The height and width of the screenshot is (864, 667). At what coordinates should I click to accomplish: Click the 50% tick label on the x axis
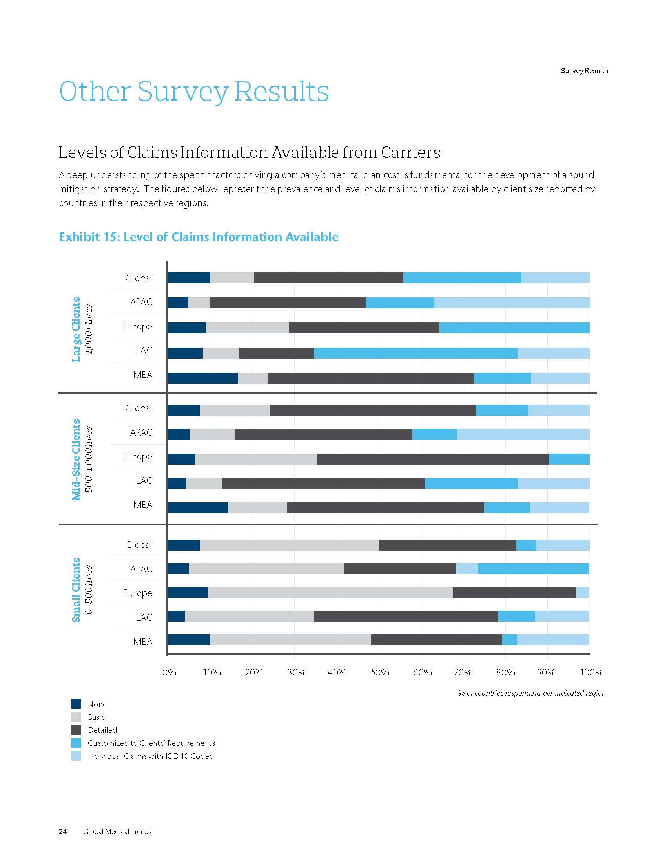(x=379, y=672)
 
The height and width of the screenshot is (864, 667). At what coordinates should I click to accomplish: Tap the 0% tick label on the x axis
(x=169, y=672)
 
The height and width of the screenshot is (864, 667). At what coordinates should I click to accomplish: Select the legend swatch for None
(x=76, y=704)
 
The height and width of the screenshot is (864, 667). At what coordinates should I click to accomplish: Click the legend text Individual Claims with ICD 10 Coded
(x=151, y=756)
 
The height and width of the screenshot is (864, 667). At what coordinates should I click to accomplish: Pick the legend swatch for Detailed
(x=76, y=730)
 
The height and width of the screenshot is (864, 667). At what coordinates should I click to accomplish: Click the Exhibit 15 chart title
(x=199, y=237)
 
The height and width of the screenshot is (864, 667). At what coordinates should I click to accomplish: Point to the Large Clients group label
(x=76, y=329)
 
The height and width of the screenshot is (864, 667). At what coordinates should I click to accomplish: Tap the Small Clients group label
(x=76, y=590)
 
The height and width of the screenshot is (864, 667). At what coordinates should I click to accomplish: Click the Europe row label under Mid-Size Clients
(x=137, y=456)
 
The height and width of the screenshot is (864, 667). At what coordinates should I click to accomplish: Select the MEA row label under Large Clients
(x=143, y=375)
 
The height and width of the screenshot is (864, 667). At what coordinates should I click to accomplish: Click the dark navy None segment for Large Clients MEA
(x=203, y=378)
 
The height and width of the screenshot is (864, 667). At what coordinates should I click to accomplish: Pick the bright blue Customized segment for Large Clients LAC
(x=415, y=353)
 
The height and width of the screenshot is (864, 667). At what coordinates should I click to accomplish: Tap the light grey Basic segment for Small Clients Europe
(x=330, y=592)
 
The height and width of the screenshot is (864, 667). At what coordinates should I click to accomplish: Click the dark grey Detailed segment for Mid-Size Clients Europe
(x=433, y=459)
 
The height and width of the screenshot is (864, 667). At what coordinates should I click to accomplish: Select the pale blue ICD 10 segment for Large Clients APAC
(x=512, y=303)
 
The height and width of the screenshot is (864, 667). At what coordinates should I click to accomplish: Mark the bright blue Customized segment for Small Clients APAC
(x=534, y=569)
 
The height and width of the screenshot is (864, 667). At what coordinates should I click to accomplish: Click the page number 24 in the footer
(x=63, y=831)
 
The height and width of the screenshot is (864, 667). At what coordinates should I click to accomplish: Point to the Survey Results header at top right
(x=584, y=71)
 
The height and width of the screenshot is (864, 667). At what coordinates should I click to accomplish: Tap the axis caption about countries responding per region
(x=532, y=693)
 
